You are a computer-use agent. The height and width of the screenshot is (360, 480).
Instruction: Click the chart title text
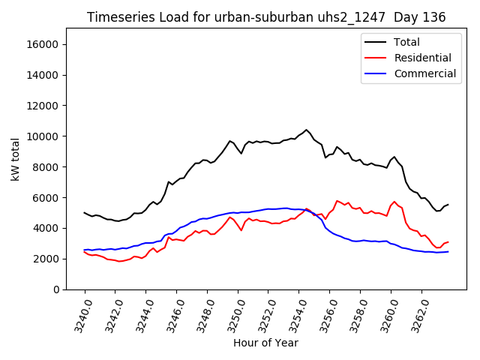(265, 17)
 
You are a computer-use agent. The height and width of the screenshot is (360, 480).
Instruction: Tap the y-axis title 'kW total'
(16, 159)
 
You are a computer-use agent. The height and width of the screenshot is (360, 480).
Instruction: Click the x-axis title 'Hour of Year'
(265, 343)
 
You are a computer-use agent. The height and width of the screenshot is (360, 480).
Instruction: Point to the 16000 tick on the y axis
(43, 44)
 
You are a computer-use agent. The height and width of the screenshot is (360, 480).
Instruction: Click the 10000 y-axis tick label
(43, 136)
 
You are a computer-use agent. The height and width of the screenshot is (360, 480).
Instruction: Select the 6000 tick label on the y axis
(46, 198)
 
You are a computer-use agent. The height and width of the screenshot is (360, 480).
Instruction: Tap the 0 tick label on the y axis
(56, 289)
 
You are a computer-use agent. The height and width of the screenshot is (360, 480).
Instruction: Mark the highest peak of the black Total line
(306, 130)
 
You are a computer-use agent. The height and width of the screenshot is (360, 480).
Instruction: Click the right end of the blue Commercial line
(448, 251)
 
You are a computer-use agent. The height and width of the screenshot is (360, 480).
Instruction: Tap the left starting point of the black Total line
(84, 212)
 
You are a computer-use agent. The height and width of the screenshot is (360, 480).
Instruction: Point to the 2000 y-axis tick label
(46, 259)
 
